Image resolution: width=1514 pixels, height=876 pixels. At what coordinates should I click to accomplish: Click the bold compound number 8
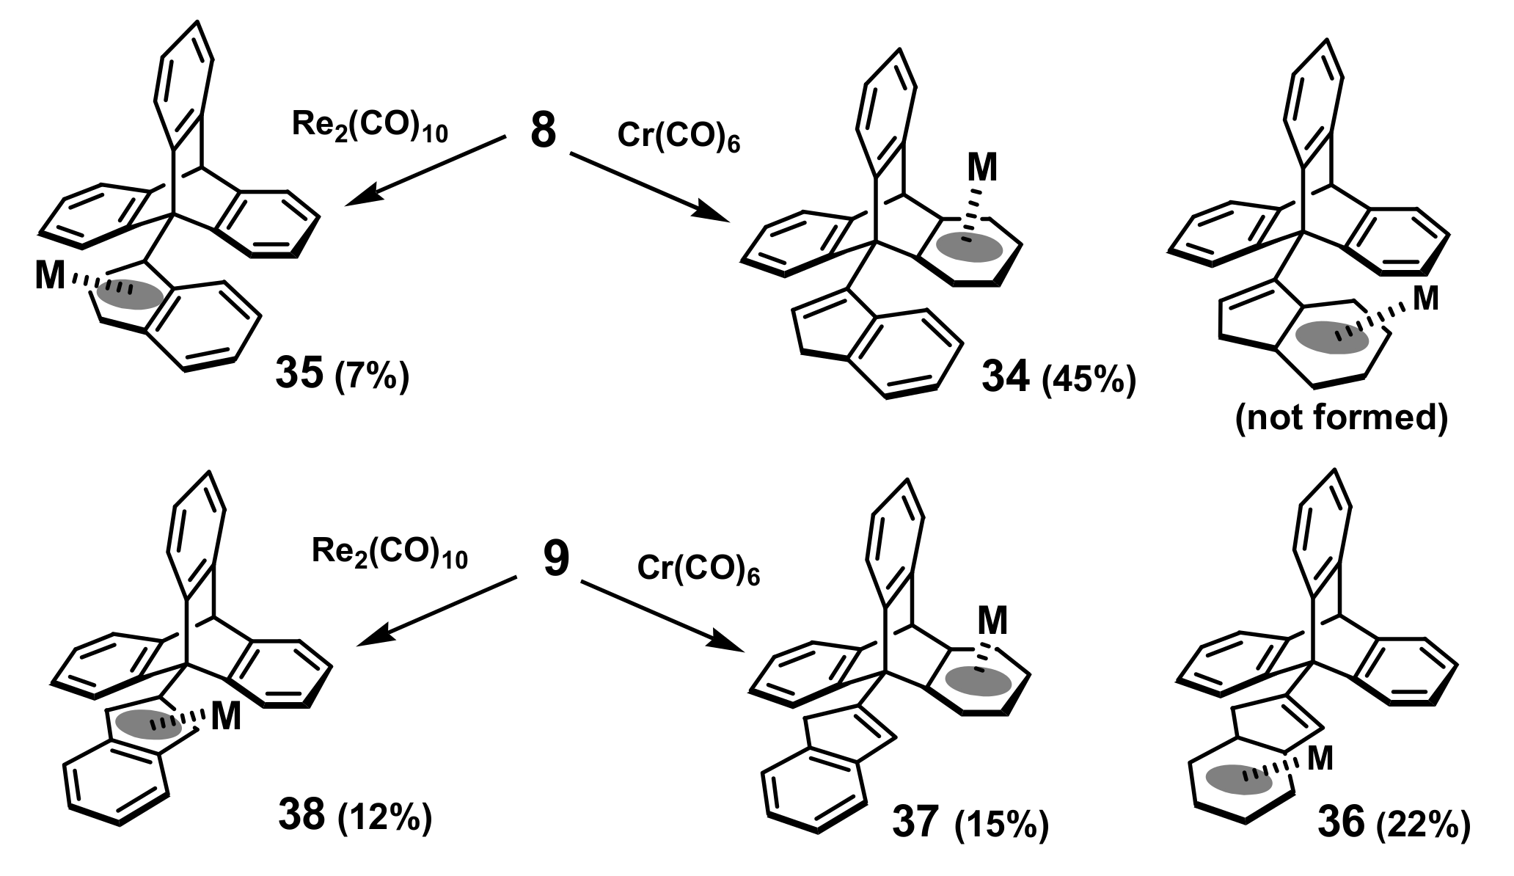[543, 133]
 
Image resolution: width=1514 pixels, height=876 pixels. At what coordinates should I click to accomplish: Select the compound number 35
[299, 373]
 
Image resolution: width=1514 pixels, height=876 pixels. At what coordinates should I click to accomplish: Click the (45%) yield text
[1089, 382]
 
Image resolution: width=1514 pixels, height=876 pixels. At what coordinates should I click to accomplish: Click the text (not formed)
[1342, 418]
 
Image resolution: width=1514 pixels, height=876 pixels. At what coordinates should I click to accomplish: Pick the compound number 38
[301, 815]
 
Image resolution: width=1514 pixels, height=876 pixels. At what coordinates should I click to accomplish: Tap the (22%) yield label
[1423, 825]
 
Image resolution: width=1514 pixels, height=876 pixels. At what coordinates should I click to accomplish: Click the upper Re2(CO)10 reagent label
[370, 126]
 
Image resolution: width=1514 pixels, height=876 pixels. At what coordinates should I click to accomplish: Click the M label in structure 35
[50, 277]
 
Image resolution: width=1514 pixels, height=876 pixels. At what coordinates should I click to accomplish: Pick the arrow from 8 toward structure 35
[425, 170]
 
